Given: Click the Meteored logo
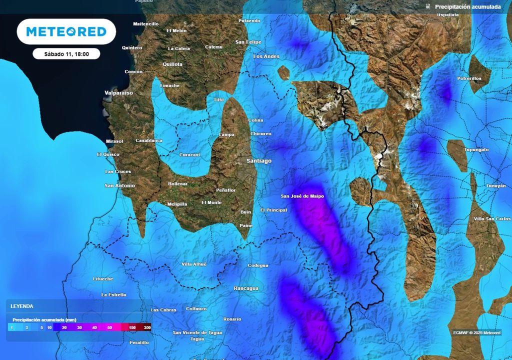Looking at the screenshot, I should coord(66,31).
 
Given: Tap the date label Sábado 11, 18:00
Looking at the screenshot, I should coord(66,54).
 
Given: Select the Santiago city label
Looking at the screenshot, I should coord(259,161).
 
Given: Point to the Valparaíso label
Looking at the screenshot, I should coord(118,93).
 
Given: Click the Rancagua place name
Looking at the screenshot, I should coord(246,288).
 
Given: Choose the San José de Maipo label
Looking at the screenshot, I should coord(302,196).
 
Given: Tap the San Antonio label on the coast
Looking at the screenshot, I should coord(119,185).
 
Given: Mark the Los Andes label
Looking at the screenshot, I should coord(266,56).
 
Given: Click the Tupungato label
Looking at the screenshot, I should coord(476,149).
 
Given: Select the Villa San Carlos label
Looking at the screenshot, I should coord(492,219).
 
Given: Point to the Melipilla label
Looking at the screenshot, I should coord(177,204).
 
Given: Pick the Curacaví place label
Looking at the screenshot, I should coord(189,155).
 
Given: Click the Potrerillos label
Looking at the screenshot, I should coord(469,78).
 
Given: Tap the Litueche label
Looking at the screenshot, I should coord(103,278).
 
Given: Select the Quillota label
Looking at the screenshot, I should coord(172,64).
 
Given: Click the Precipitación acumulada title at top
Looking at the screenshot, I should coord(467,7).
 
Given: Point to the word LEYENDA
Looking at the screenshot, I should coord(22,306).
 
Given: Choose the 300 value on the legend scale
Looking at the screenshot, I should coord(147,327).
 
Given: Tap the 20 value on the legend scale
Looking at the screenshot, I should coord(64,327).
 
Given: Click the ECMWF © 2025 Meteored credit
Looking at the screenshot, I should coord(476,332).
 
